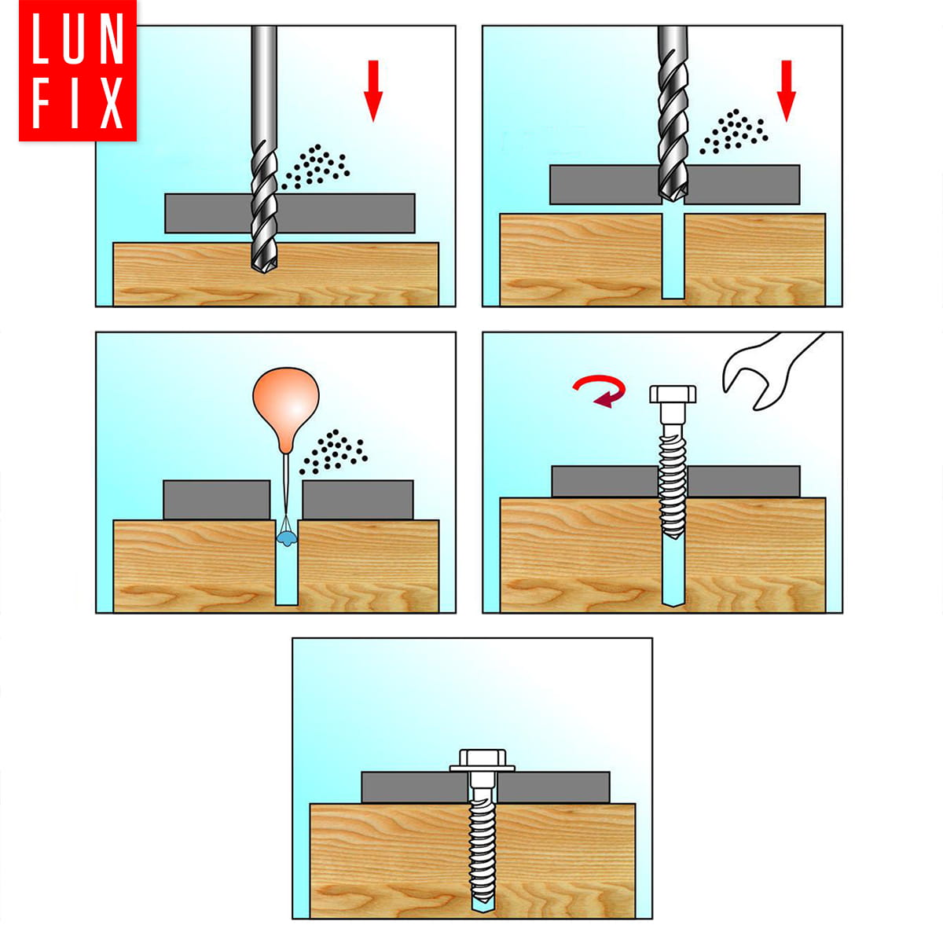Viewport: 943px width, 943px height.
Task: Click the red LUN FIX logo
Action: [x=77, y=71]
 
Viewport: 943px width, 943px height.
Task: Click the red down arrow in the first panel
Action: [x=373, y=90]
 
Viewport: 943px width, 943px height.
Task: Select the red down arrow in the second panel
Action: [x=786, y=90]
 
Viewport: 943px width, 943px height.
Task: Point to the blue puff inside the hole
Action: [x=286, y=538]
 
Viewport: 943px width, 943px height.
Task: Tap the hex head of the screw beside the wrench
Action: [x=673, y=394]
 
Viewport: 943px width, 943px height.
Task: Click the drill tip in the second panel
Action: [x=673, y=197]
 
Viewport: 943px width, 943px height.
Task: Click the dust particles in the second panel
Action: [x=734, y=131]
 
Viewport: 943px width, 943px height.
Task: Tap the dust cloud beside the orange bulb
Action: [x=334, y=452]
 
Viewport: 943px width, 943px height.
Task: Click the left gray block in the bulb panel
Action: [x=217, y=500]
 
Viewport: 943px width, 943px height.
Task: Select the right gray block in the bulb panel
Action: [x=358, y=500]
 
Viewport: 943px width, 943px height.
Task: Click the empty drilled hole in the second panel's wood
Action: [x=673, y=256]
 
